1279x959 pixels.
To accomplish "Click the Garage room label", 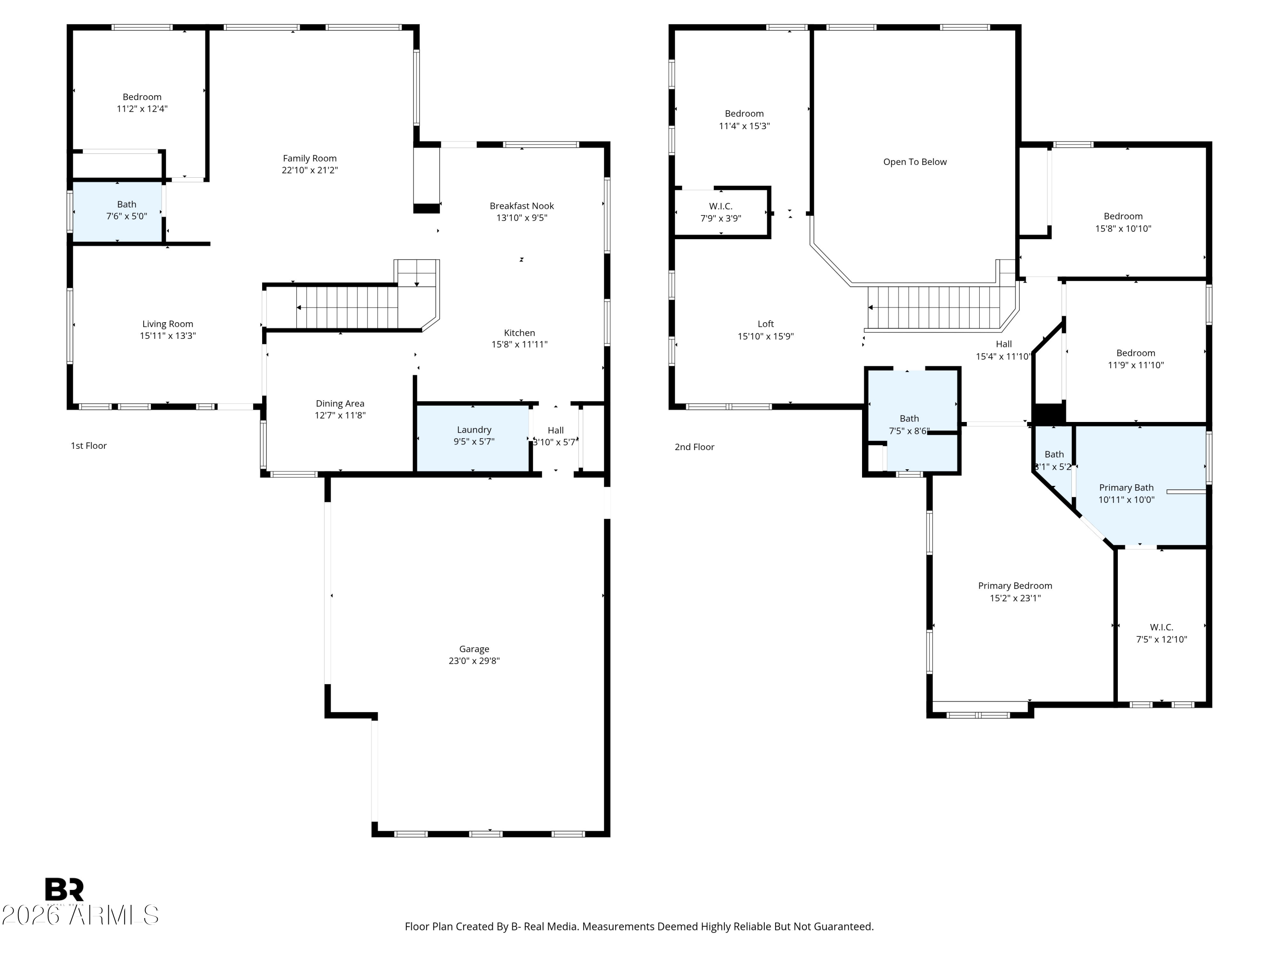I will [x=474, y=649].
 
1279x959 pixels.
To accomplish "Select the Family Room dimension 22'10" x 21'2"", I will [x=310, y=170].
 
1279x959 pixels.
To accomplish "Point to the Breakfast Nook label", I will [x=521, y=206].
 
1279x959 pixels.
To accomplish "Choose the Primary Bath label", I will [x=1126, y=487].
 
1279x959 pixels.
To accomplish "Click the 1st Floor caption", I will [x=89, y=446].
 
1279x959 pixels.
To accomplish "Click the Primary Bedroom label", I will [x=1015, y=586].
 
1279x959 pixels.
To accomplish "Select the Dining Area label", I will [x=339, y=404].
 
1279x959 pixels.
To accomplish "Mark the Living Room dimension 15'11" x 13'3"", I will [x=168, y=336].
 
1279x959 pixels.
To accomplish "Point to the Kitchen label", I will [x=519, y=332].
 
